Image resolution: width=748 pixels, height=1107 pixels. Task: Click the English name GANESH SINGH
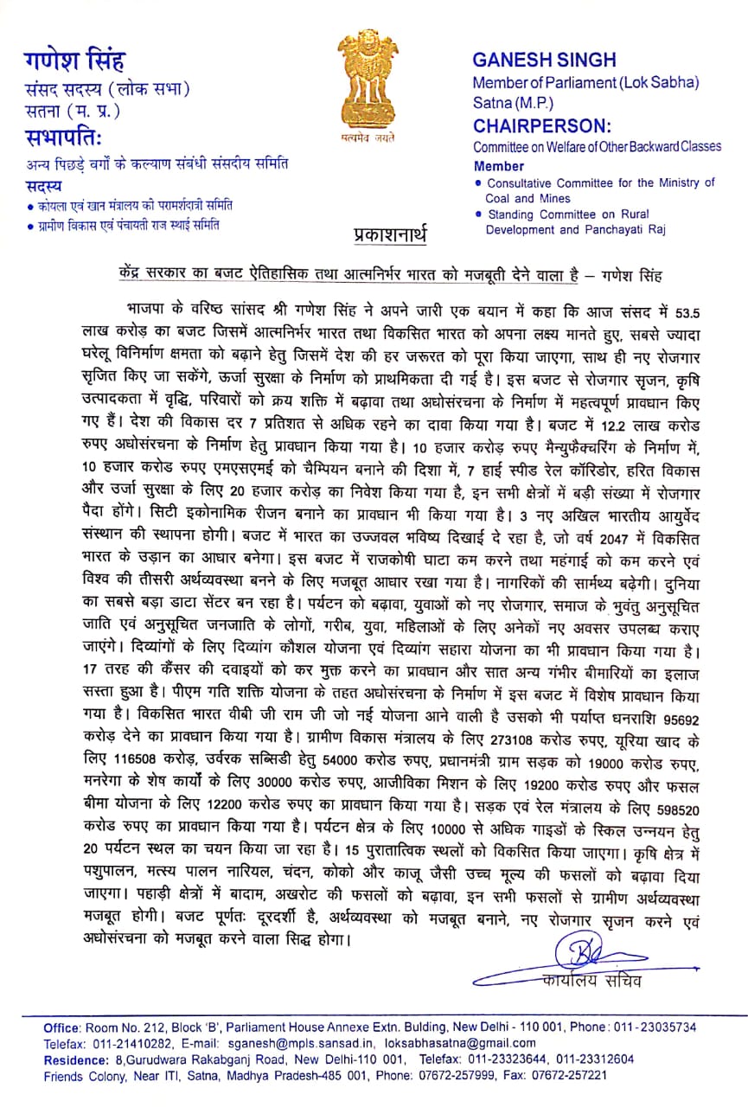544,60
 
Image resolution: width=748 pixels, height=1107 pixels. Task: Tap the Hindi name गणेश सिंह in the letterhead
74,61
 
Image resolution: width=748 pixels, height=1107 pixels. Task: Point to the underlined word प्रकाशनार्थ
390,234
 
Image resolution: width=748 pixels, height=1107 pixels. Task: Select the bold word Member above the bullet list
498,165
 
